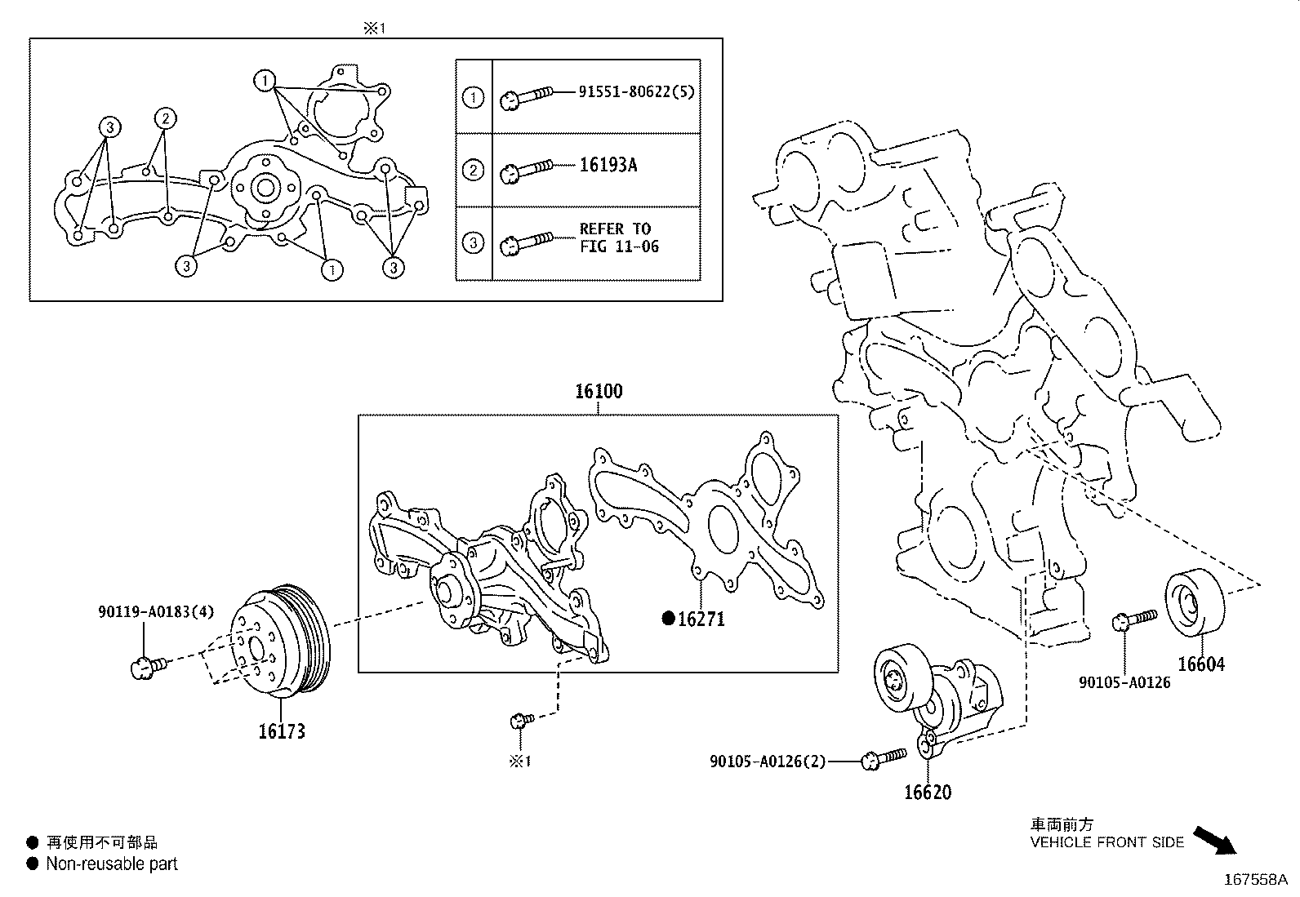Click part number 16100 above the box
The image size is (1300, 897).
tap(599, 392)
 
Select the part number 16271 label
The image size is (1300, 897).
tap(701, 619)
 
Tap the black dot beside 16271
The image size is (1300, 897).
tap(668, 619)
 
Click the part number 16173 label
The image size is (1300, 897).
tap(282, 731)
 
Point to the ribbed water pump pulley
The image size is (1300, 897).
tap(282, 641)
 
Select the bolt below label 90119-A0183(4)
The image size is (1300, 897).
tap(148, 668)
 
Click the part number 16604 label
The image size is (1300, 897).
tap(1200, 664)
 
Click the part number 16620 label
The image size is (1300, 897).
tap(928, 793)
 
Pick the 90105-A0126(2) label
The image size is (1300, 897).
tap(768, 762)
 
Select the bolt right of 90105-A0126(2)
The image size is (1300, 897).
tap(884, 759)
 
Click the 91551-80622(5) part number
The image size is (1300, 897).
tap(637, 91)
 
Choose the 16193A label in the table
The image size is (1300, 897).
tap(608, 165)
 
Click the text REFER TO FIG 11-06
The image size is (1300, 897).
tap(619, 238)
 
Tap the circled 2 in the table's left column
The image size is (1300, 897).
tap(473, 171)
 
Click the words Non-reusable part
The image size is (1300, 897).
tap(111, 864)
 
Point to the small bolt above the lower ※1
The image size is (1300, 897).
tap(520, 720)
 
